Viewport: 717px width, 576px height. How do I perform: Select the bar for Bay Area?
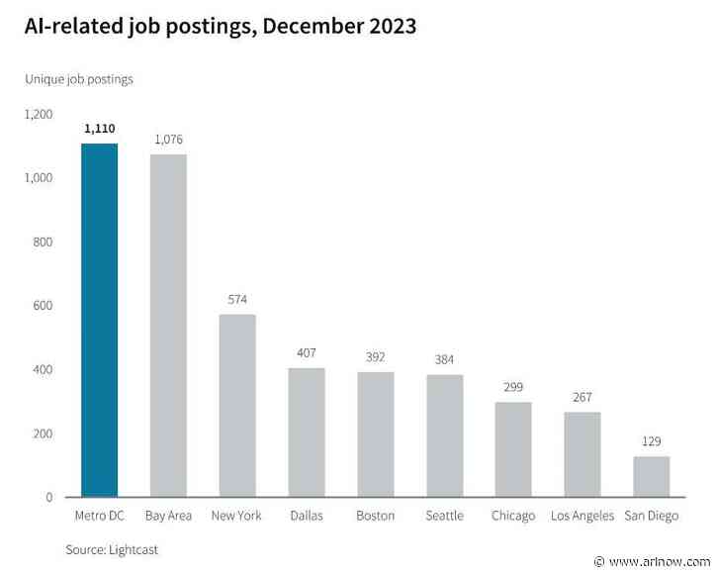click(x=168, y=326)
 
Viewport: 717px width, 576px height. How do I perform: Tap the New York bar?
click(x=237, y=406)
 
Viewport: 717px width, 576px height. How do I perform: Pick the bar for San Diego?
click(x=652, y=476)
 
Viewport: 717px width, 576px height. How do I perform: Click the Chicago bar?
click(x=513, y=449)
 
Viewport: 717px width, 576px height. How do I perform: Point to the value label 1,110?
click(x=99, y=129)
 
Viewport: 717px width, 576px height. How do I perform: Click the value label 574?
click(x=237, y=299)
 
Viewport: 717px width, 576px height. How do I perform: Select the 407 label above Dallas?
click(x=307, y=352)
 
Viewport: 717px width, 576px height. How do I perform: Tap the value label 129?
click(x=652, y=441)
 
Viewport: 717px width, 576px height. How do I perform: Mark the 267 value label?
click(x=583, y=397)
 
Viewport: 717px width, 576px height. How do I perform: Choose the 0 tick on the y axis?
click(x=48, y=497)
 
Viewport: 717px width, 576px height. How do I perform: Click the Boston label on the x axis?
click(x=376, y=516)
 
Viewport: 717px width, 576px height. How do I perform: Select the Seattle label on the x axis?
click(x=444, y=516)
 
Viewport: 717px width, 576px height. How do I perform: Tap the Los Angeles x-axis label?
click(x=583, y=516)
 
